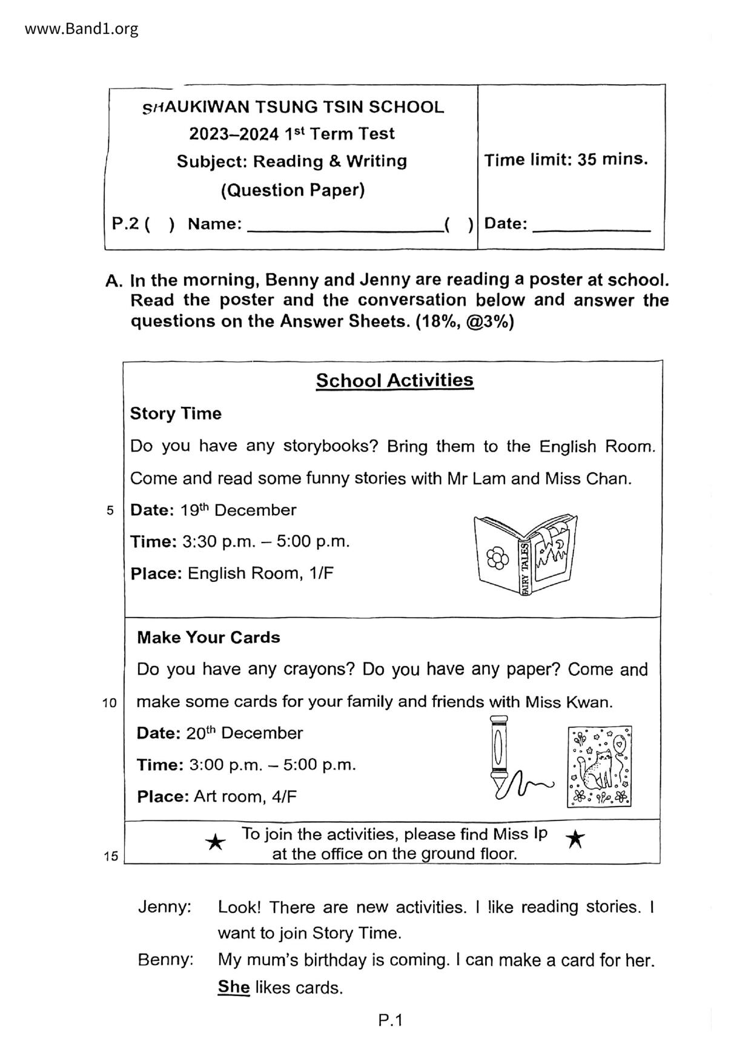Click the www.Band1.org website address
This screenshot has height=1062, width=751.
(82, 28)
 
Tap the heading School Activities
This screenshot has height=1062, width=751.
(394, 381)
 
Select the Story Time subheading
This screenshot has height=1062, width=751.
(176, 414)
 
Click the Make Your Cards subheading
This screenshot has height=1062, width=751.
(208, 638)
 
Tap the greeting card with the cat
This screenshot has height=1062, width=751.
(599, 767)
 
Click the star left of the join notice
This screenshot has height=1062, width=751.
(215, 842)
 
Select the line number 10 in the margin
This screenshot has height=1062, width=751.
(110, 703)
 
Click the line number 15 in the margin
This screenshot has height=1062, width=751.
(111, 856)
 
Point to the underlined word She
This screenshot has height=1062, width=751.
(234, 988)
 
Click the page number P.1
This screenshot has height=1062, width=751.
(390, 1021)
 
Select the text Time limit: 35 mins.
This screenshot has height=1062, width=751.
(566, 160)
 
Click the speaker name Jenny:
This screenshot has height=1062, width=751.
(165, 907)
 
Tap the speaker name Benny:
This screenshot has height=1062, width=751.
(166, 960)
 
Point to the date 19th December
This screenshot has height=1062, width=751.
(238, 510)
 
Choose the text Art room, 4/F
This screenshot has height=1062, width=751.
(245, 796)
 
